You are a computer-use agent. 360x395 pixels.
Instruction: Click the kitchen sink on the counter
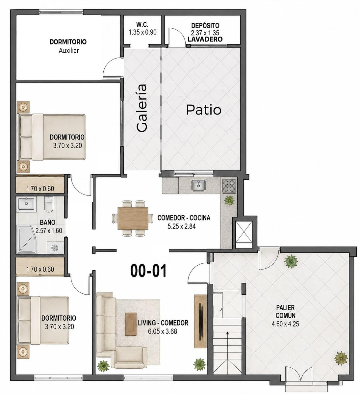pyautogui.click(x=198, y=185)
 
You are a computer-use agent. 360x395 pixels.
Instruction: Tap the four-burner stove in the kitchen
pyautogui.click(x=229, y=186)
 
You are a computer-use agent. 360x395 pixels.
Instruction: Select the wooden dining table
pyautogui.click(x=133, y=218)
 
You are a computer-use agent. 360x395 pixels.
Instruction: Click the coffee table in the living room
pyautogui.click(x=131, y=324)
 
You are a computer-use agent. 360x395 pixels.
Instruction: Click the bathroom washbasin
pyautogui.click(x=26, y=204)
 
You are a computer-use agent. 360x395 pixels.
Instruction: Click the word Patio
pyautogui.click(x=204, y=110)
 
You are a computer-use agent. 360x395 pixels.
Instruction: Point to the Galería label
pyautogui.click(x=142, y=108)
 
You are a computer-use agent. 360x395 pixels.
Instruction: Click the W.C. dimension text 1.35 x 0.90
pyautogui.click(x=142, y=32)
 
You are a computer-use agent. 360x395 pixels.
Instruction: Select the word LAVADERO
pyautogui.click(x=205, y=39)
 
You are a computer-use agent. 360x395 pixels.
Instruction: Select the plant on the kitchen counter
pyautogui.click(x=229, y=200)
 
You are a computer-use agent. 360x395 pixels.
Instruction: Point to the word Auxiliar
pyautogui.click(x=69, y=51)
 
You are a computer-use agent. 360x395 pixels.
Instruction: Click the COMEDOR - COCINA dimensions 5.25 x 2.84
pyautogui.click(x=181, y=226)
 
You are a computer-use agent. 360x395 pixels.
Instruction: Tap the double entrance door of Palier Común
pyautogui.click(x=299, y=377)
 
